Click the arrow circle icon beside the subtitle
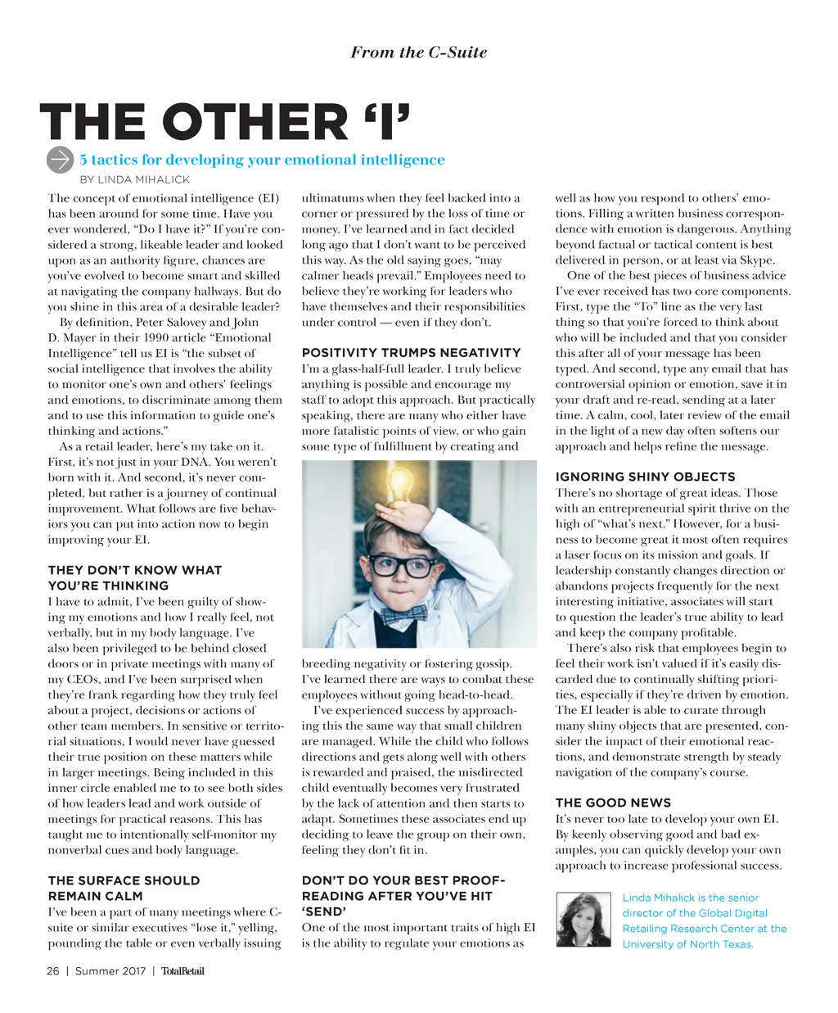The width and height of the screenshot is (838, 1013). pyautogui.click(x=61, y=161)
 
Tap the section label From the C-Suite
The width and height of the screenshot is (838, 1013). pyautogui.click(x=418, y=52)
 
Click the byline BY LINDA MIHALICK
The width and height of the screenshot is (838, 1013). pyautogui.click(x=134, y=179)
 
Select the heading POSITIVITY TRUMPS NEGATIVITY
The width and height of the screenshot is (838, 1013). pyautogui.click(x=411, y=353)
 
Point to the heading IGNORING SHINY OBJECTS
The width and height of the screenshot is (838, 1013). pyautogui.click(x=645, y=477)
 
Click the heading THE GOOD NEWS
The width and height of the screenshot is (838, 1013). pyautogui.click(x=613, y=803)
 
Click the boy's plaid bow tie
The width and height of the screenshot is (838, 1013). pyautogui.click(x=403, y=612)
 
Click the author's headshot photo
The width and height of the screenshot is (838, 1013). pyautogui.click(x=583, y=920)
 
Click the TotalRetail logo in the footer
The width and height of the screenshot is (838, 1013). pyautogui.click(x=182, y=971)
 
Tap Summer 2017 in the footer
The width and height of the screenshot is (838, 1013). pyautogui.click(x=110, y=971)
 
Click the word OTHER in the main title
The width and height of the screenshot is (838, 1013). pyautogui.click(x=255, y=123)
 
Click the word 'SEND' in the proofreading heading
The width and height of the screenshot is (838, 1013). pyautogui.click(x=324, y=911)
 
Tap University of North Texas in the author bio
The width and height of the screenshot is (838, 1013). pyautogui.click(x=687, y=944)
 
